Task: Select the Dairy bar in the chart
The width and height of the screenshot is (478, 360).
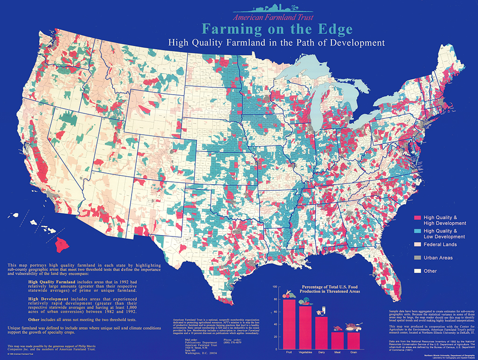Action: point(321,333)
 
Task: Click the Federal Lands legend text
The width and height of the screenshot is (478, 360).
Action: point(440,244)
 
